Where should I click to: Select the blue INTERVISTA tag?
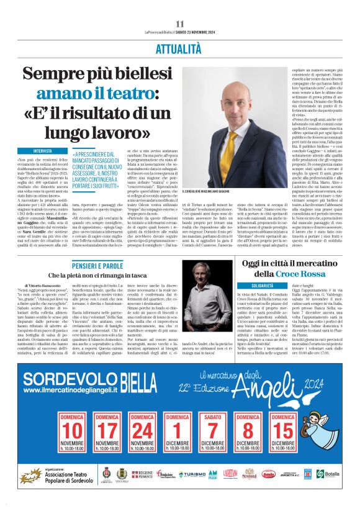pos(43,151)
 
